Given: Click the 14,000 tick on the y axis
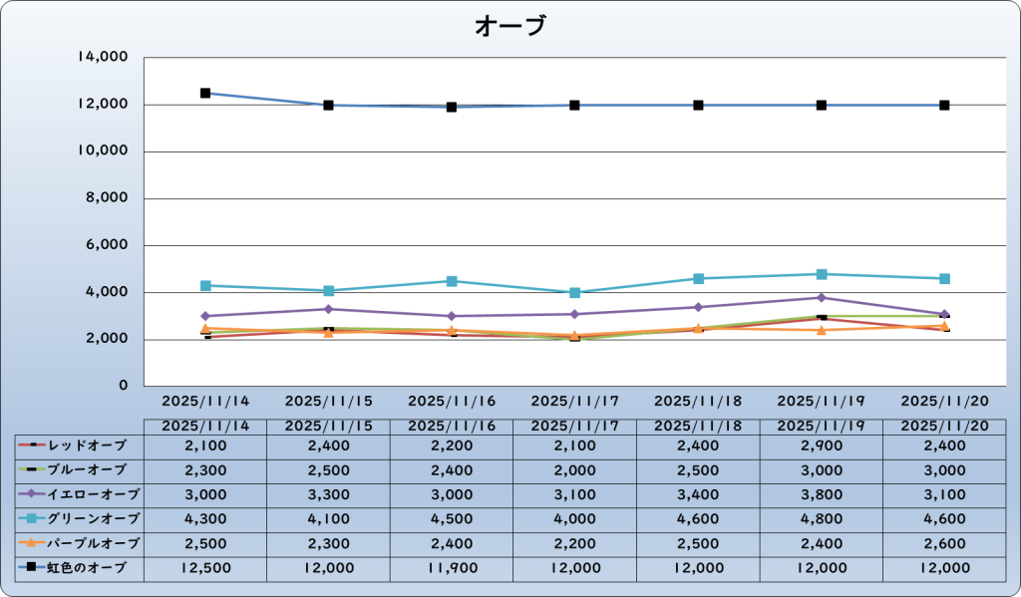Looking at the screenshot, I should (x=102, y=58).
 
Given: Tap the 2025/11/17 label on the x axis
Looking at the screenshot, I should (x=574, y=402).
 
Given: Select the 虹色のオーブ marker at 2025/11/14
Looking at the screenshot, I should (x=205, y=93).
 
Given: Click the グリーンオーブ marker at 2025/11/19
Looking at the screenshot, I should (x=822, y=274).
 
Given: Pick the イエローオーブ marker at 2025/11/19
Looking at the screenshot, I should (x=822, y=298).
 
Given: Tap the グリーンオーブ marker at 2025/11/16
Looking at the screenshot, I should (x=452, y=281).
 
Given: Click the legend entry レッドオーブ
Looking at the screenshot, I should (x=80, y=445).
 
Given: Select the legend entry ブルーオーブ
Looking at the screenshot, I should (x=80, y=469).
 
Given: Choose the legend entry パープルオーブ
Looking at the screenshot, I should (x=80, y=544).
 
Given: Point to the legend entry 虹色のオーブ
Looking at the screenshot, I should (x=80, y=568).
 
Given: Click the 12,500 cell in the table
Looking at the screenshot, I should (x=205, y=568).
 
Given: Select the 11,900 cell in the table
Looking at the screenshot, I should (x=452, y=568).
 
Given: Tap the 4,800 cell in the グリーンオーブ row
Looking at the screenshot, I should (x=822, y=519).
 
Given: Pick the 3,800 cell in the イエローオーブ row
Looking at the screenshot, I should (x=822, y=494).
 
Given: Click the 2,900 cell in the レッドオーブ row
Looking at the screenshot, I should (x=822, y=445).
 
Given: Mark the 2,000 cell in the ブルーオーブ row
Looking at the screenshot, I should (x=574, y=469).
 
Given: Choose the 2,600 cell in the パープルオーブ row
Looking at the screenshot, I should (x=944, y=544).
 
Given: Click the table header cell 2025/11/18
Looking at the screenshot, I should (x=698, y=426).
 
